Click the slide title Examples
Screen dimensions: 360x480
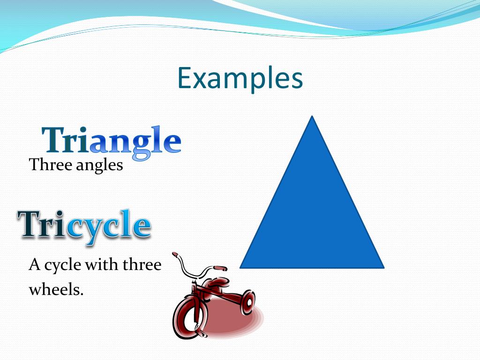[x=240, y=78]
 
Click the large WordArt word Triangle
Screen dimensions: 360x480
[x=112, y=141]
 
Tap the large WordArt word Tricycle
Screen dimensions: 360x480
[x=84, y=225]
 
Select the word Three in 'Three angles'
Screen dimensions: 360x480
[x=45, y=165]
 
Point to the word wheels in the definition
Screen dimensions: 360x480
[x=56, y=289]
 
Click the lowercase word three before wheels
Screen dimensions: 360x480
[x=142, y=265]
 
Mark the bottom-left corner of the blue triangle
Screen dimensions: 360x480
[x=241, y=267]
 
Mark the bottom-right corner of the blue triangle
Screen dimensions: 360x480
[x=382, y=267]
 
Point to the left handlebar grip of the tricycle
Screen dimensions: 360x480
[x=175, y=255]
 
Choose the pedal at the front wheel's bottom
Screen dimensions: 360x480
[x=202, y=334]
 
